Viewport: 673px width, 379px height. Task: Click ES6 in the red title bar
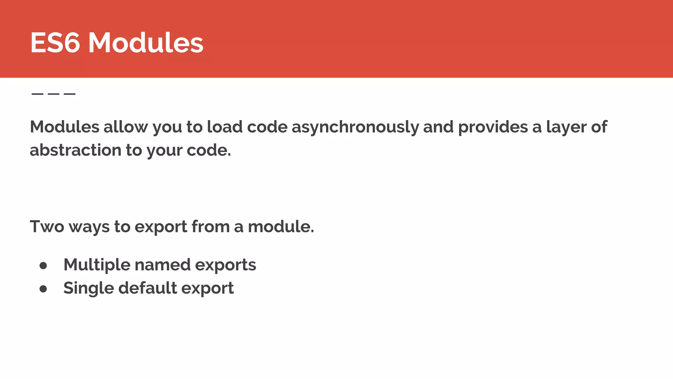(55, 42)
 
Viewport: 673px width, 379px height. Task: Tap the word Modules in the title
(146, 42)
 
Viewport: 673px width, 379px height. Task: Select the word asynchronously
(355, 127)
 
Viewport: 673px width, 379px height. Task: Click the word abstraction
(76, 150)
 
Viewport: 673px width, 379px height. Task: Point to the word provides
(493, 127)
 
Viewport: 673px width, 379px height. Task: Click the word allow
(126, 127)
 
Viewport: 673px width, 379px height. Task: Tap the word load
(224, 127)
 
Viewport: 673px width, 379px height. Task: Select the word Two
(47, 227)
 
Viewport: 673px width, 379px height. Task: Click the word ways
(89, 227)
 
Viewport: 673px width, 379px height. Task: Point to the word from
(210, 227)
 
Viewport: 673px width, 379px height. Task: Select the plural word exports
(225, 265)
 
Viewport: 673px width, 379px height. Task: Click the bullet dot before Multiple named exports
(43, 265)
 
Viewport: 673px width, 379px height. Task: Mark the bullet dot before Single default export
(43, 289)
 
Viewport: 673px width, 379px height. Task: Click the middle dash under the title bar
(54, 94)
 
